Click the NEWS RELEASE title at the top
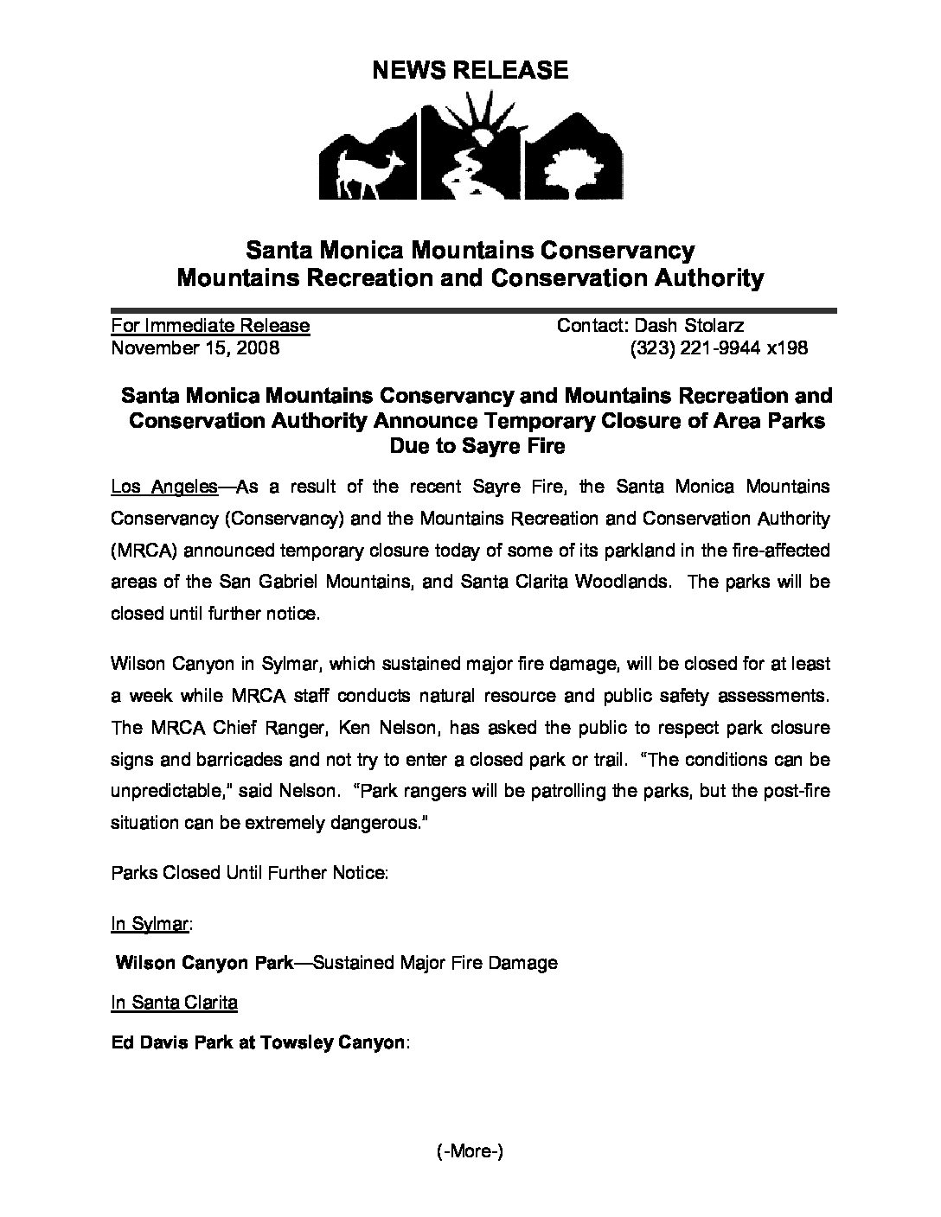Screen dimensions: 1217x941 [470, 70]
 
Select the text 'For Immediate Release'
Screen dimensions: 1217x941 [210, 326]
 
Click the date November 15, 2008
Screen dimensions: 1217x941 [195, 348]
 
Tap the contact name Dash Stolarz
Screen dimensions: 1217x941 [689, 326]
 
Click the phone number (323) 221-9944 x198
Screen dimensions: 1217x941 [718, 348]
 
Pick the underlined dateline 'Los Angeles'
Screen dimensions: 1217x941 [164, 487]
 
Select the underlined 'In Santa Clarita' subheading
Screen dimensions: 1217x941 [175, 1003]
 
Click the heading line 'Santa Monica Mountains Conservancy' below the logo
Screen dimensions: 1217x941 [470, 251]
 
